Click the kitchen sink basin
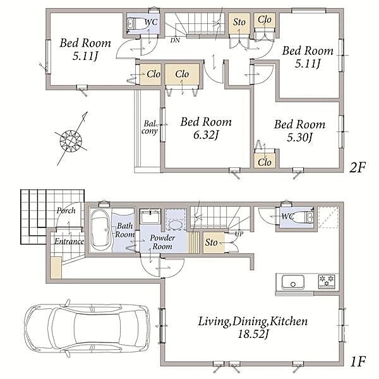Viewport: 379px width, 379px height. (x=293, y=282)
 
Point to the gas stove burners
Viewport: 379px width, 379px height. (x=327, y=280)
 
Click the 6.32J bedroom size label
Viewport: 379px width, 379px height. (x=206, y=135)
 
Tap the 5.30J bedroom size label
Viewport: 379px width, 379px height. (x=299, y=137)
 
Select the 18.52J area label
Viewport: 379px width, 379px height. (x=253, y=334)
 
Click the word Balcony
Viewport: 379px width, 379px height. (x=150, y=128)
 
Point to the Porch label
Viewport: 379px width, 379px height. (x=66, y=210)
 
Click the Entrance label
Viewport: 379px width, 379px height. (x=69, y=241)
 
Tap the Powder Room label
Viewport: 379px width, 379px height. (x=162, y=242)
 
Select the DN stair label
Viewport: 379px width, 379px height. (x=175, y=40)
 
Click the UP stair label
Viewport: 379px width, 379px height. (x=239, y=234)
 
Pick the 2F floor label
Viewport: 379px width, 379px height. (x=358, y=167)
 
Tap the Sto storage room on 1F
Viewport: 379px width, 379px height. (x=214, y=243)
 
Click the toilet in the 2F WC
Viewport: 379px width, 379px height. (x=136, y=23)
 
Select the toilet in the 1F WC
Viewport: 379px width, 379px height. (x=305, y=217)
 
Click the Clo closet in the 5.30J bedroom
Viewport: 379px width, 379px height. (x=265, y=160)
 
